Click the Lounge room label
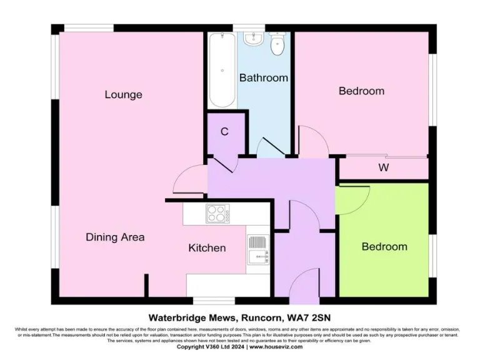click(123, 95)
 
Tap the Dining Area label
click(115, 237)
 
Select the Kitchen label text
click(207, 248)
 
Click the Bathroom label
click(263, 78)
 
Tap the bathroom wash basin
click(254, 39)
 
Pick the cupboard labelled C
click(224, 132)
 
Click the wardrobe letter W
click(383, 168)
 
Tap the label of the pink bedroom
click(361, 91)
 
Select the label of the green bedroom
click(384, 247)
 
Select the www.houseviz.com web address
click(277, 346)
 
